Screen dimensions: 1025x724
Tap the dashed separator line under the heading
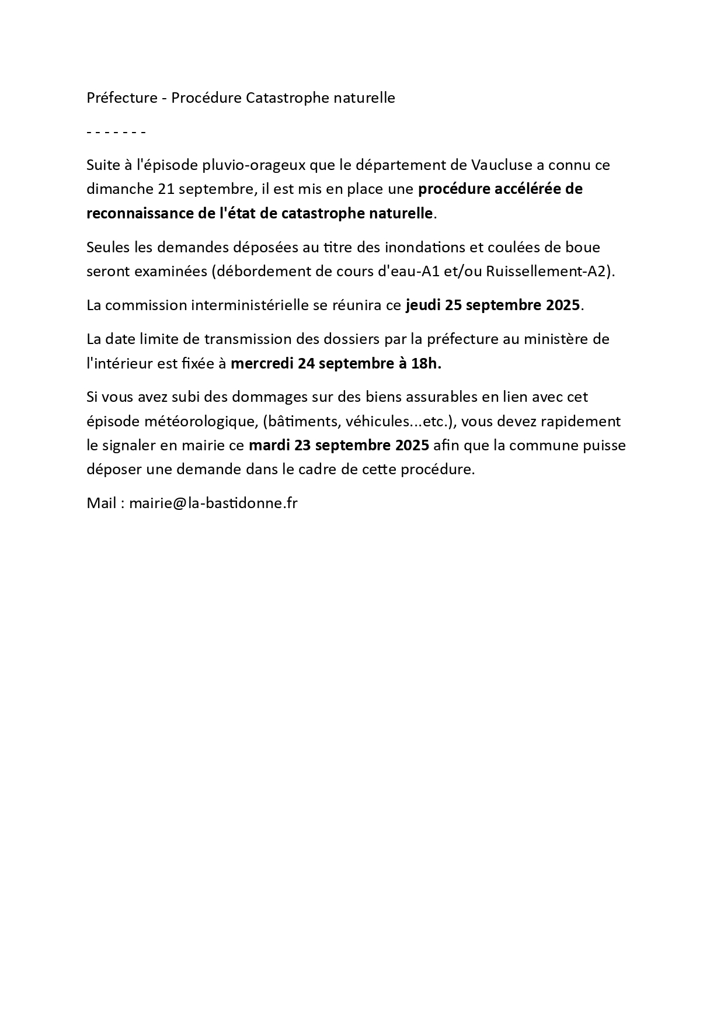click(x=116, y=132)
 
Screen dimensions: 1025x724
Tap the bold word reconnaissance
click(x=137, y=214)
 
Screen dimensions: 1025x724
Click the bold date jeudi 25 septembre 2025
click(x=493, y=305)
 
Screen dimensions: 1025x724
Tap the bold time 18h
click(x=426, y=363)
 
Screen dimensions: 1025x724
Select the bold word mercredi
click(x=262, y=363)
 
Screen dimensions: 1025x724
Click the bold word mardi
click(x=269, y=446)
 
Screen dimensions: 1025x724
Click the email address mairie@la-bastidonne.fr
click(x=213, y=503)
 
